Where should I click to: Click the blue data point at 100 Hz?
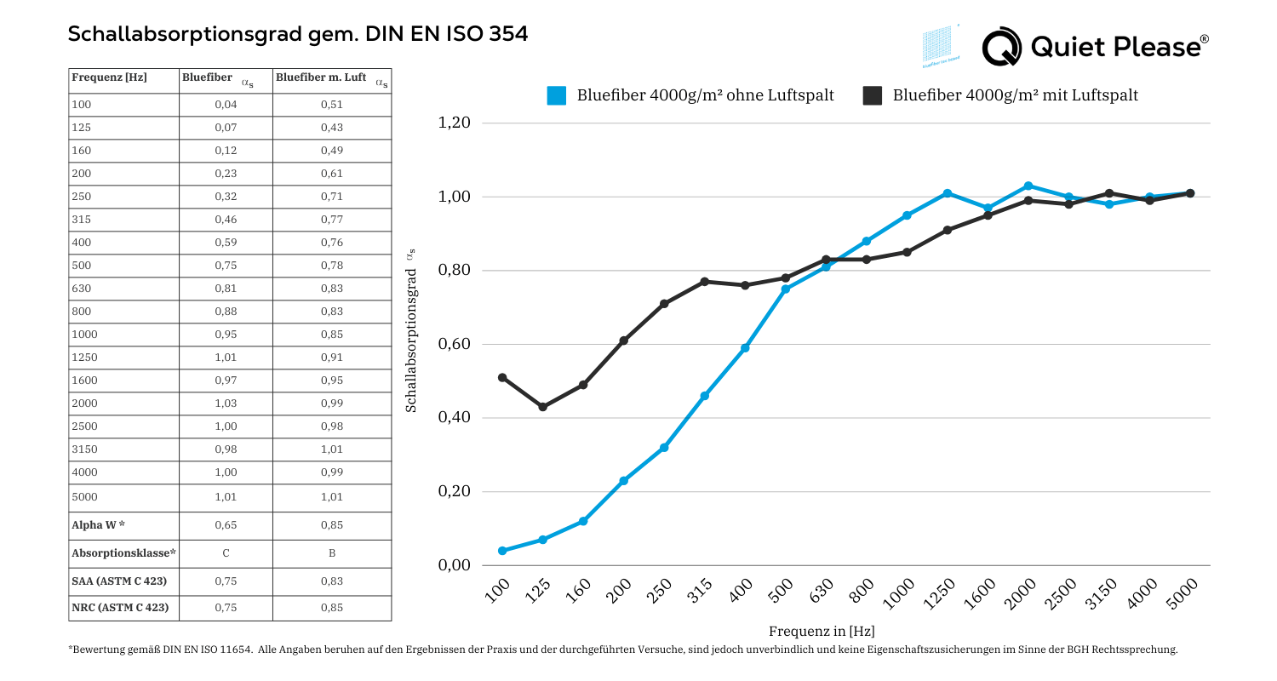click(502, 551)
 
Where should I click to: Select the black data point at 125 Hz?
click(542, 407)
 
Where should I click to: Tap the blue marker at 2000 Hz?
click(1028, 186)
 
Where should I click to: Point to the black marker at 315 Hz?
click(704, 282)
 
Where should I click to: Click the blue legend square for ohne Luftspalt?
click(557, 95)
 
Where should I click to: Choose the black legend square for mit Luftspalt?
click(873, 95)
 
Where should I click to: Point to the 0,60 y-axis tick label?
click(454, 345)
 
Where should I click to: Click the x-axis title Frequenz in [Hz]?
click(822, 632)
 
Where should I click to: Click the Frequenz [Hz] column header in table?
click(110, 77)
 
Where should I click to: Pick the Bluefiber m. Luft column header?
click(321, 77)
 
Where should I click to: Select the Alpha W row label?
click(99, 525)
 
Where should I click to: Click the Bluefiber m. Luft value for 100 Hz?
click(332, 105)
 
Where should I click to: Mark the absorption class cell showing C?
click(226, 553)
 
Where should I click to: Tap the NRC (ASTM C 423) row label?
click(120, 608)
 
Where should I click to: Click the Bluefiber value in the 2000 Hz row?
click(226, 403)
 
